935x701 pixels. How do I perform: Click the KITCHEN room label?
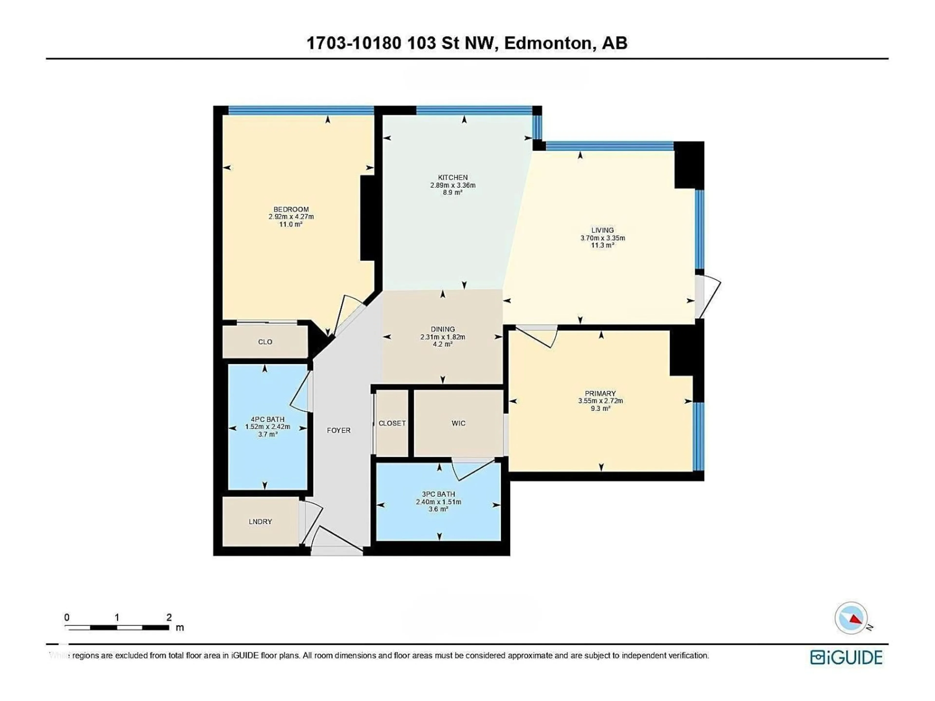[x=453, y=177]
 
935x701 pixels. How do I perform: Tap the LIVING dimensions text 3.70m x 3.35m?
[x=602, y=238]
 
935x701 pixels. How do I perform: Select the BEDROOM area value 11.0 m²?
[x=291, y=224]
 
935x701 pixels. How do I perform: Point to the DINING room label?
[x=443, y=329]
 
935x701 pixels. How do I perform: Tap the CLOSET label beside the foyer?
[x=392, y=423]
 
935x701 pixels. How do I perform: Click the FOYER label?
[x=339, y=430]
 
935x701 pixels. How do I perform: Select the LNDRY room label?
[x=260, y=521]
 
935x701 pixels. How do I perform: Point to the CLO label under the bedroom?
[x=265, y=342]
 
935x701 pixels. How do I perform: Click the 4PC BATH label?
[x=267, y=419]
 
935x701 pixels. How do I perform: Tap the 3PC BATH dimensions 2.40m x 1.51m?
[x=438, y=502]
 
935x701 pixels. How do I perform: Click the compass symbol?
[x=851, y=618]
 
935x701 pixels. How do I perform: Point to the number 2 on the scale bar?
[x=169, y=617]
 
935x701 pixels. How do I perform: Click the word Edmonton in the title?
[x=547, y=43]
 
